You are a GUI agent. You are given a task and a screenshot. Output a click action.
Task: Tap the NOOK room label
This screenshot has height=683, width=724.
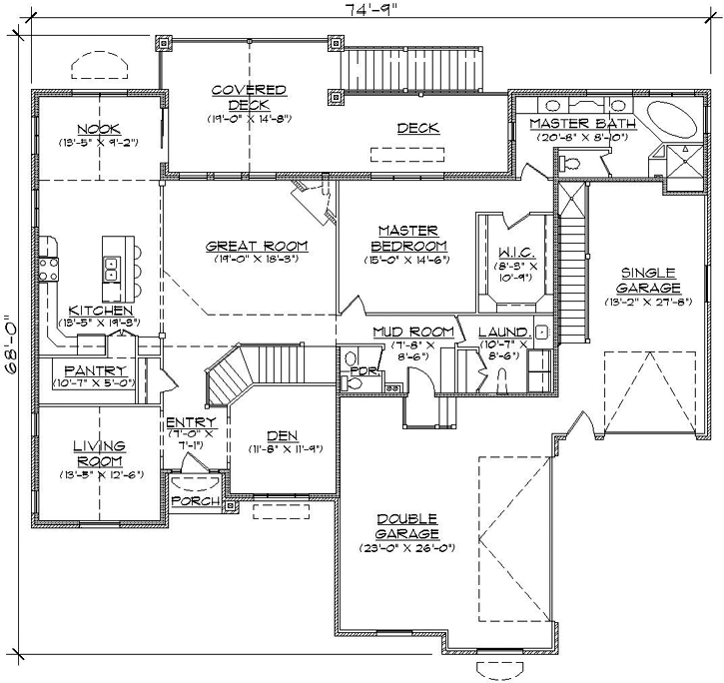(x=97, y=128)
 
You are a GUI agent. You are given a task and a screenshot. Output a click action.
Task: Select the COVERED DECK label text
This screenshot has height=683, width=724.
(x=249, y=97)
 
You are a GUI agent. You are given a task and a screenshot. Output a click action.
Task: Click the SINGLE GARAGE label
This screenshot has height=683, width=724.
(x=648, y=279)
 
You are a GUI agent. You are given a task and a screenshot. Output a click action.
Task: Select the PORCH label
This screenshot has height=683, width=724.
(x=195, y=500)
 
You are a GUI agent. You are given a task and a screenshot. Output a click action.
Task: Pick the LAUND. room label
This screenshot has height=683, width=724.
(x=502, y=332)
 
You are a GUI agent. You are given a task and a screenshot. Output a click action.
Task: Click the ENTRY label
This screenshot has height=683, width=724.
(x=187, y=422)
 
